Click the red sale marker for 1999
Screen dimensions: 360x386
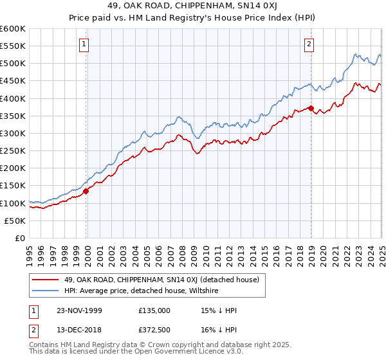(x=86, y=190)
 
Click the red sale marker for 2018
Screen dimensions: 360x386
(x=311, y=108)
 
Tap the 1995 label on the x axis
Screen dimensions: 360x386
(x=30, y=251)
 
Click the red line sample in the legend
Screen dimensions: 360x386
(x=46, y=280)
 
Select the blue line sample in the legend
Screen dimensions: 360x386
(x=46, y=291)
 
